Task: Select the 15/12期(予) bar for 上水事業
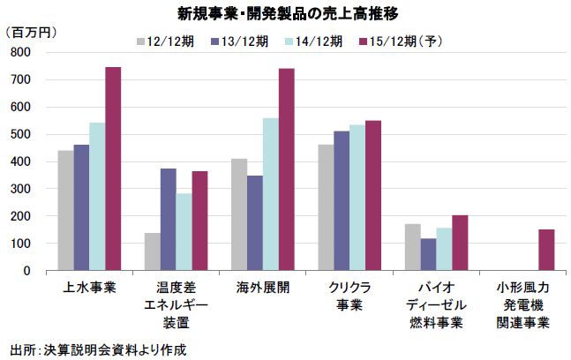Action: click(113, 169)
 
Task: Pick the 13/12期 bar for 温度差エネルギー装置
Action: click(168, 220)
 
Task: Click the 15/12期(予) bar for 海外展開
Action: click(287, 169)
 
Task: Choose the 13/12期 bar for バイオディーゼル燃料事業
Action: click(428, 254)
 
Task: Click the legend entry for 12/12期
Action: click(172, 41)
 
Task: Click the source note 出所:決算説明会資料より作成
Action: click(98, 349)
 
